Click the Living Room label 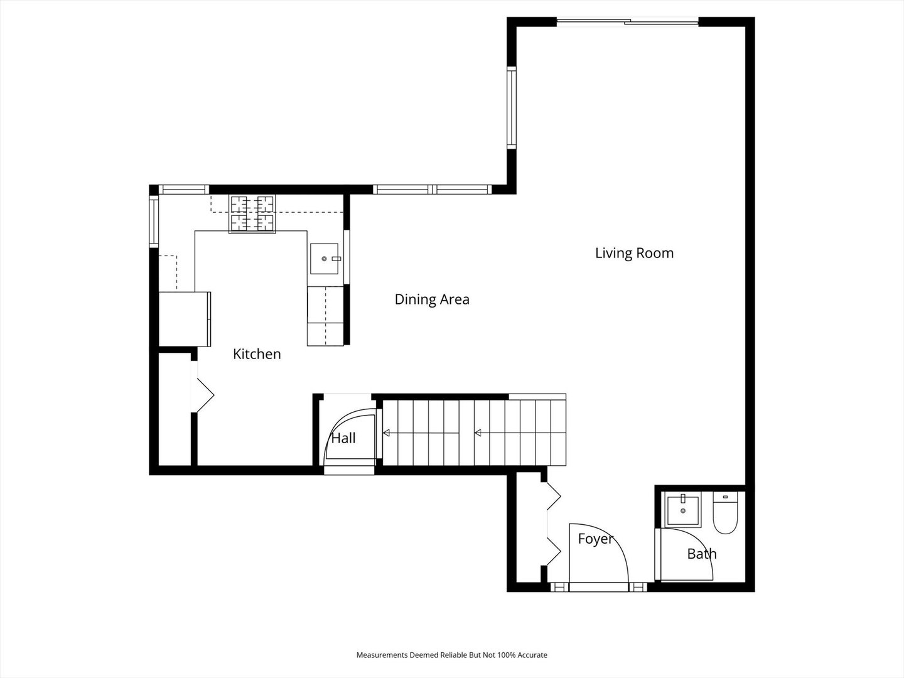coord(634,253)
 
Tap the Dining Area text coord(432,299)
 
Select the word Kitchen coord(257,354)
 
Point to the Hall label coord(343,438)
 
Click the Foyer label coord(596,539)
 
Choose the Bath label coord(702,554)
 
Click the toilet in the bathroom coord(725,513)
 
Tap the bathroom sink coord(683,510)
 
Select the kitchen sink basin coord(325,259)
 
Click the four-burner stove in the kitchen coord(252,214)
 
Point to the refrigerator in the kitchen coord(185,319)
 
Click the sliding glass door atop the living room coord(628,22)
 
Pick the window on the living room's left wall coord(511,107)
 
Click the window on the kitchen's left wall coord(154,221)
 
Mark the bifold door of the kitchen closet coord(202,387)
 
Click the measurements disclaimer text coord(452,655)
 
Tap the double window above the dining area coord(433,190)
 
